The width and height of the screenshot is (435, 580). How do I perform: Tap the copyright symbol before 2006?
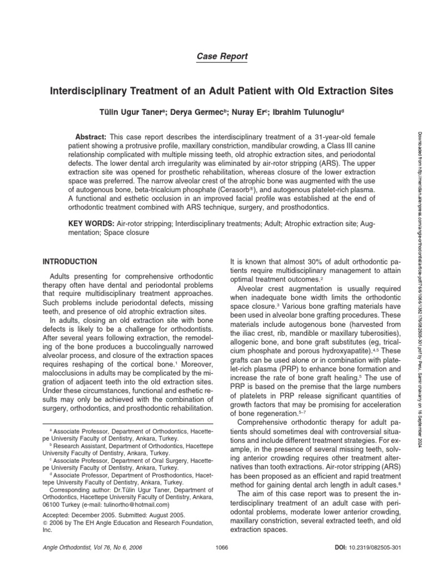click(46, 524)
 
